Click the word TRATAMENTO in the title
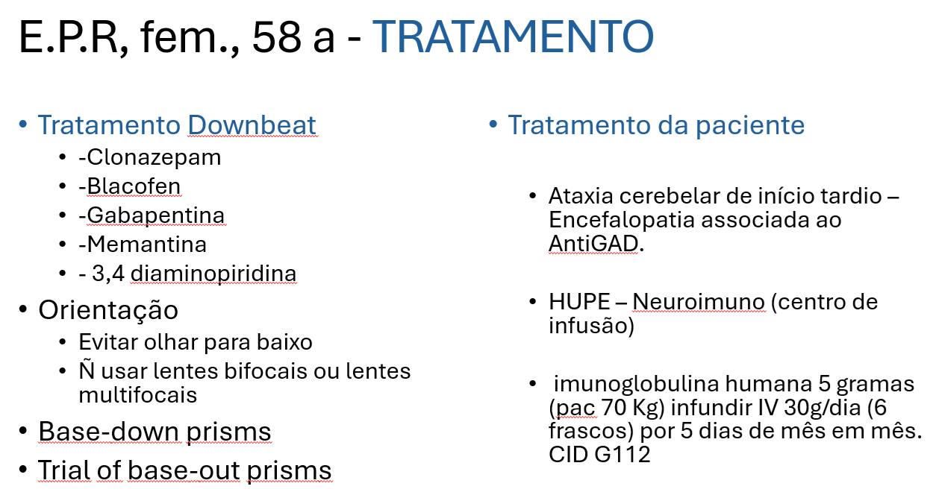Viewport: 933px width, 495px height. (513, 37)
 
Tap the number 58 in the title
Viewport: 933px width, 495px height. (277, 37)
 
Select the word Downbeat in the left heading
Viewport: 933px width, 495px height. (252, 124)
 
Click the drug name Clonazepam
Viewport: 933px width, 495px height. (154, 158)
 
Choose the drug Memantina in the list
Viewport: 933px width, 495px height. (146, 245)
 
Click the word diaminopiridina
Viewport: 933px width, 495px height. (213, 274)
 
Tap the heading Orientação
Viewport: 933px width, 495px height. (108, 311)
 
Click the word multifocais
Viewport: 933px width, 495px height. (138, 395)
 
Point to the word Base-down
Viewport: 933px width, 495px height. (110, 431)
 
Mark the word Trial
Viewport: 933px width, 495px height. (64, 470)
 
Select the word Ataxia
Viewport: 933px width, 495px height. (581, 196)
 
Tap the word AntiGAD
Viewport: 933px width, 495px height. (593, 244)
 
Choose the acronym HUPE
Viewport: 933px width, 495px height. (579, 302)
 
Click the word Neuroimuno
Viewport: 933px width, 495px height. (699, 302)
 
